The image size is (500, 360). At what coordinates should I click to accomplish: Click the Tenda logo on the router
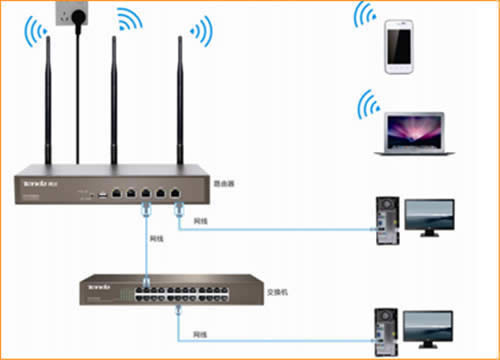coord(32,184)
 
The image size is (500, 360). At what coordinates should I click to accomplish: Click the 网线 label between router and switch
coord(156,240)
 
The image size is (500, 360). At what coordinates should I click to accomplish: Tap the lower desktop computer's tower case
coord(386,330)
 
